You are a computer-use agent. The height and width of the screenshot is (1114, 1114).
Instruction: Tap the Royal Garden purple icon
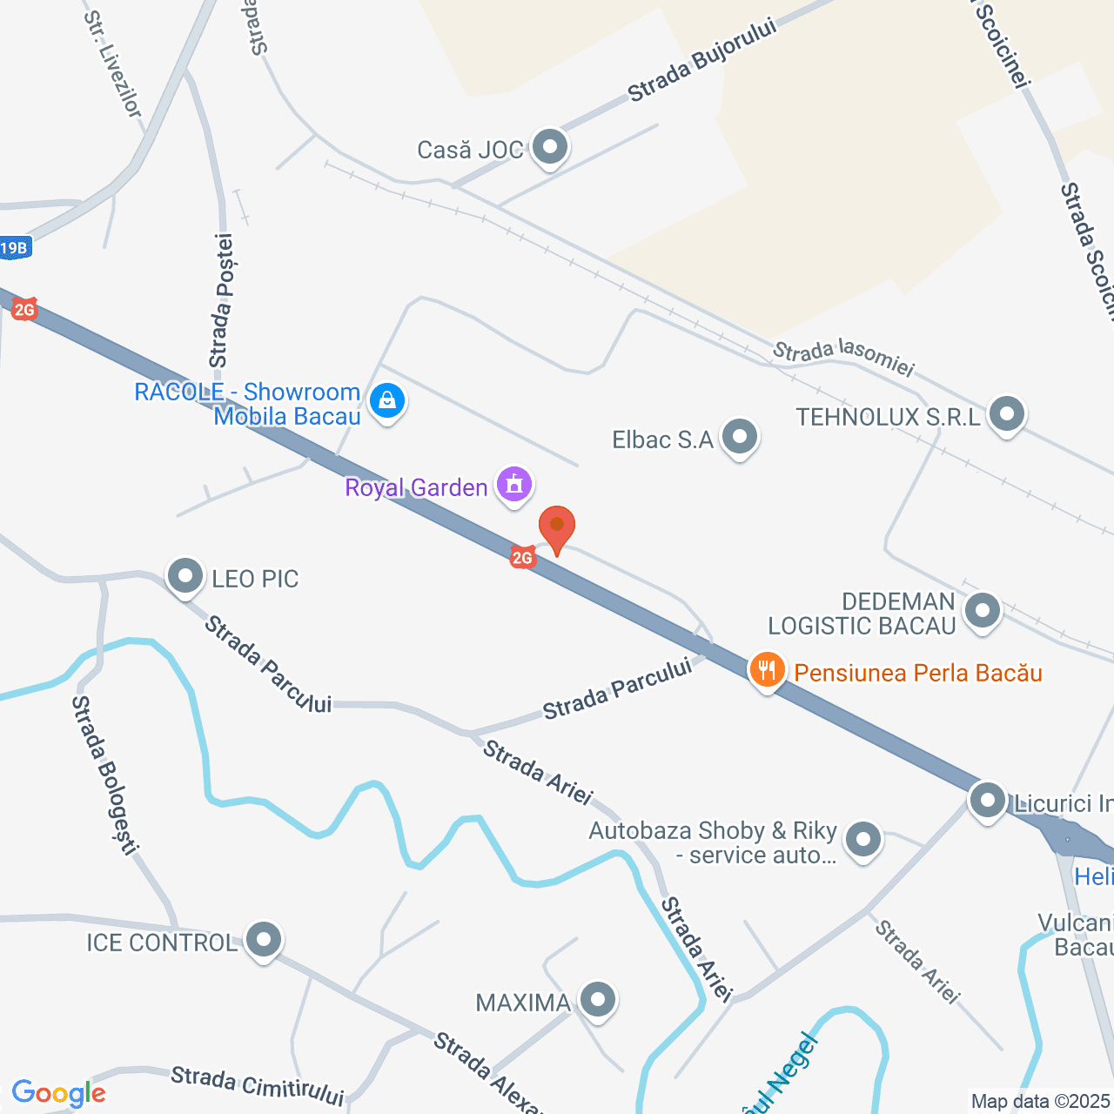[514, 484]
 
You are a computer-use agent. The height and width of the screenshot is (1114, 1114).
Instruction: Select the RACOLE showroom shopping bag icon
[387, 401]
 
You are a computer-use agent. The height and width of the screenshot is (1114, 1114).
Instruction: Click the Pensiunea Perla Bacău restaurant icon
[767, 671]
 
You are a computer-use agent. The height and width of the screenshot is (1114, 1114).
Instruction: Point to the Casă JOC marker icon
[549, 147]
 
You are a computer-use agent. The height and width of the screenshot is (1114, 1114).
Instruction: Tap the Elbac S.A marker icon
[740, 437]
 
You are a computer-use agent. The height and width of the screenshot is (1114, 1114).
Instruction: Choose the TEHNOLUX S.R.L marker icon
[1007, 414]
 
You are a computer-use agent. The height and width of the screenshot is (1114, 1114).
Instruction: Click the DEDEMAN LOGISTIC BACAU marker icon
[983, 610]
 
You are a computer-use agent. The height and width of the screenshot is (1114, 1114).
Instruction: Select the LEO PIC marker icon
[185, 576]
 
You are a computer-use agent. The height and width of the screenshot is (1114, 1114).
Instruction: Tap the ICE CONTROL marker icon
[264, 940]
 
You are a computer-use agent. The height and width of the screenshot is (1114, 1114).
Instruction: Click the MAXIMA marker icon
[597, 1000]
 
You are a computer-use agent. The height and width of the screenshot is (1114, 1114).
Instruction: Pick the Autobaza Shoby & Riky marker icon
[863, 841]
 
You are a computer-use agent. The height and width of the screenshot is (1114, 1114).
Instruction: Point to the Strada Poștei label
[221, 300]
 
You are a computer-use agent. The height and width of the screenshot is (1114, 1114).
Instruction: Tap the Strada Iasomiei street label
[843, 358]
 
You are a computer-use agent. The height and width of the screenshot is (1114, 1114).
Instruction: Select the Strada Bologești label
[105, 774]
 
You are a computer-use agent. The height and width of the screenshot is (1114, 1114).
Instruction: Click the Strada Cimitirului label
[257, 1085]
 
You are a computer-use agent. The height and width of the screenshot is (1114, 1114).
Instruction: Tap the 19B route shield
[15, 248]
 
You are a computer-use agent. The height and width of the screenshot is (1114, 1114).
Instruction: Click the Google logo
[59, 1093]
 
